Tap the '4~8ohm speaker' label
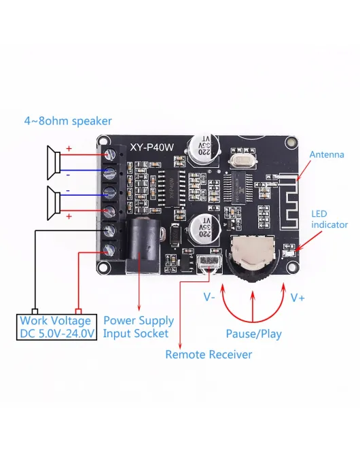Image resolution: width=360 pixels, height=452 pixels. click(68, 121)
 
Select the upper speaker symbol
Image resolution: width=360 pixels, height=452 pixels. click(54, 161)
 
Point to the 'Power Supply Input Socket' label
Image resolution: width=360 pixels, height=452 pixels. click(138, 327)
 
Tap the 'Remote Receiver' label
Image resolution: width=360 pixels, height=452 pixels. click(209, 355)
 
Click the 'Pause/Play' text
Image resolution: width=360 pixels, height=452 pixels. click(253, 334)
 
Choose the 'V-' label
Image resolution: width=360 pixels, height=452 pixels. click(210, 297)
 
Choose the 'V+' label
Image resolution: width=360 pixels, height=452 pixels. click(298, 297)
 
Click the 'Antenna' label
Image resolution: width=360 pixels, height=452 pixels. click(327, 155)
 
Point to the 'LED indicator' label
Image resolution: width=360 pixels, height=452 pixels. click(329, 219)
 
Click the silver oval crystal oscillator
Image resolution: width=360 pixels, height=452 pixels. click(241, 161)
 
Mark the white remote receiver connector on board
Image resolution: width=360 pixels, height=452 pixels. click(206, 262)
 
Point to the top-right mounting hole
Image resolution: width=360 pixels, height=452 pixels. click(291, 143)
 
